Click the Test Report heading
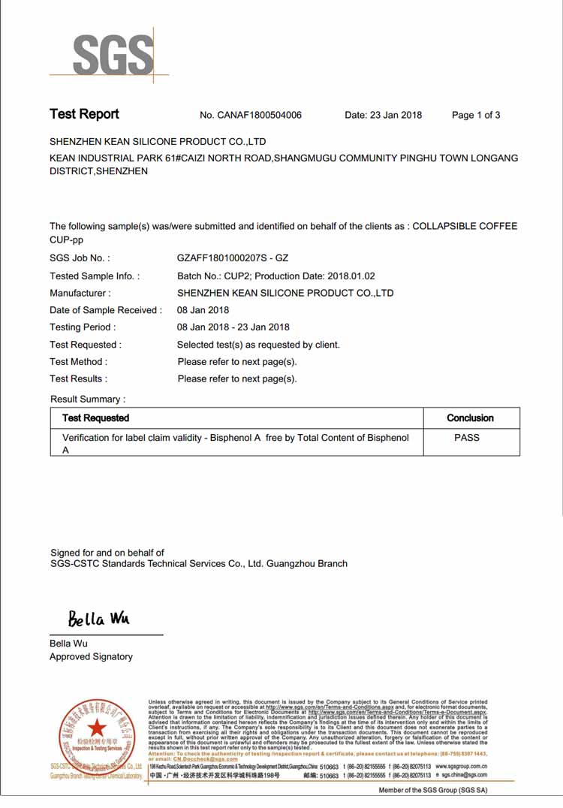[84, 114]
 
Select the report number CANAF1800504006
[260, 115]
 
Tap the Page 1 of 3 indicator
[476, 115]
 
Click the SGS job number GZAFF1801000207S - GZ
[233, 258]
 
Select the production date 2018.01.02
[351, 276]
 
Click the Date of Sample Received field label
[106, 310]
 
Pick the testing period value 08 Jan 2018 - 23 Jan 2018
[233, 327]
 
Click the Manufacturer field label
[80, 293]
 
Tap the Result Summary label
[88, 399]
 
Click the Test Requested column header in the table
[95, 418]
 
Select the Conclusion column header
[470, 418]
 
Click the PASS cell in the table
[467, 437]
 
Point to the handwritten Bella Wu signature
[99, 619]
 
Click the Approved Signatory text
[91, 656]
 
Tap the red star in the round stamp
[97, 728]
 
